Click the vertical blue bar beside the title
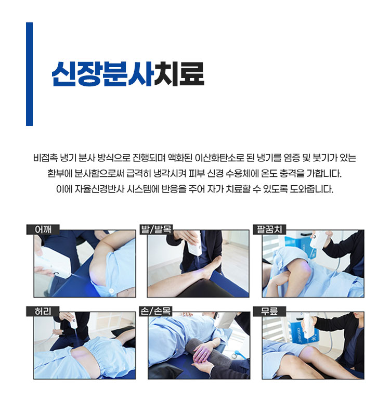click(29, 74)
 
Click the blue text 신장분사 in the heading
click(102, 74)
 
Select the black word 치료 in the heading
click(179, 74)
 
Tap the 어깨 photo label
click(43, 229)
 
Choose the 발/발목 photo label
click(156, 229)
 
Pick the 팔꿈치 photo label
click(269, 229)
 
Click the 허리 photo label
click(43, 312)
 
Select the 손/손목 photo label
click(156, 312)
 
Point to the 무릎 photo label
click(269, 312)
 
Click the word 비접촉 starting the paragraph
click(45, 158)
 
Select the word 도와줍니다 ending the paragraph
click(311, 189)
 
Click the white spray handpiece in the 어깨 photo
click(54, 263)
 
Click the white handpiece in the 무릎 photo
click(309, 326)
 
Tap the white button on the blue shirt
click(111, 290)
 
